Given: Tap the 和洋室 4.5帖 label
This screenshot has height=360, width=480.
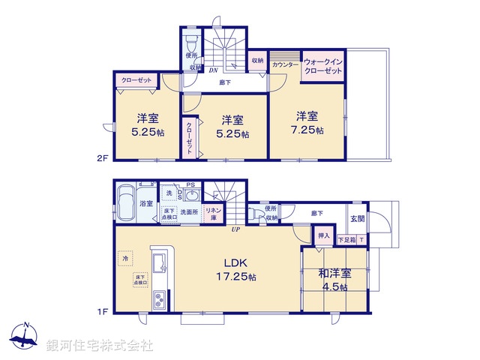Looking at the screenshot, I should [x=334, y=279].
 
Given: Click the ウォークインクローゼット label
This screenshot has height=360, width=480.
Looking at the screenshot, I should [x=322, y=65].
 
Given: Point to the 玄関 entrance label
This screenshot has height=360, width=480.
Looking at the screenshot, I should [x=358, y=218].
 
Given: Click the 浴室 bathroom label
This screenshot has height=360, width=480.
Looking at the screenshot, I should [x=146, y=203].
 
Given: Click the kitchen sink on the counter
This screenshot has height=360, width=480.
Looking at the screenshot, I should [x=160, y=265].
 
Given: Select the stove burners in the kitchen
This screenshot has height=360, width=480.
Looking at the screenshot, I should [x=160, y=301].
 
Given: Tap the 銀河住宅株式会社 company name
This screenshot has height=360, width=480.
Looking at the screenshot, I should [x=99, y=346].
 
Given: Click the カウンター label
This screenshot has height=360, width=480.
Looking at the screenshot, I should [x=285, y=65].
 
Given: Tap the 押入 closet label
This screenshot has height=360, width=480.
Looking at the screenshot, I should [x=323, y=236].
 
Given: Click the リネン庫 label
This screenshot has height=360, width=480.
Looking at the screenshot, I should [x=214, y=213].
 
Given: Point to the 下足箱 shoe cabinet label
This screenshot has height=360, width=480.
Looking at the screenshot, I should [x=346, y=240].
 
